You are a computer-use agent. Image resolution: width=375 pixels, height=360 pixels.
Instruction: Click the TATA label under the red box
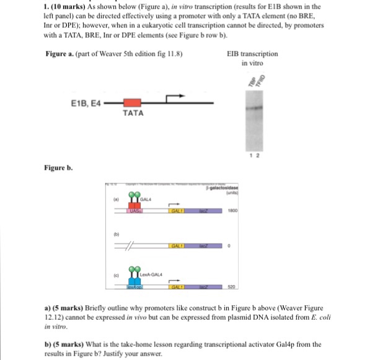click(x=133, y=114)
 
